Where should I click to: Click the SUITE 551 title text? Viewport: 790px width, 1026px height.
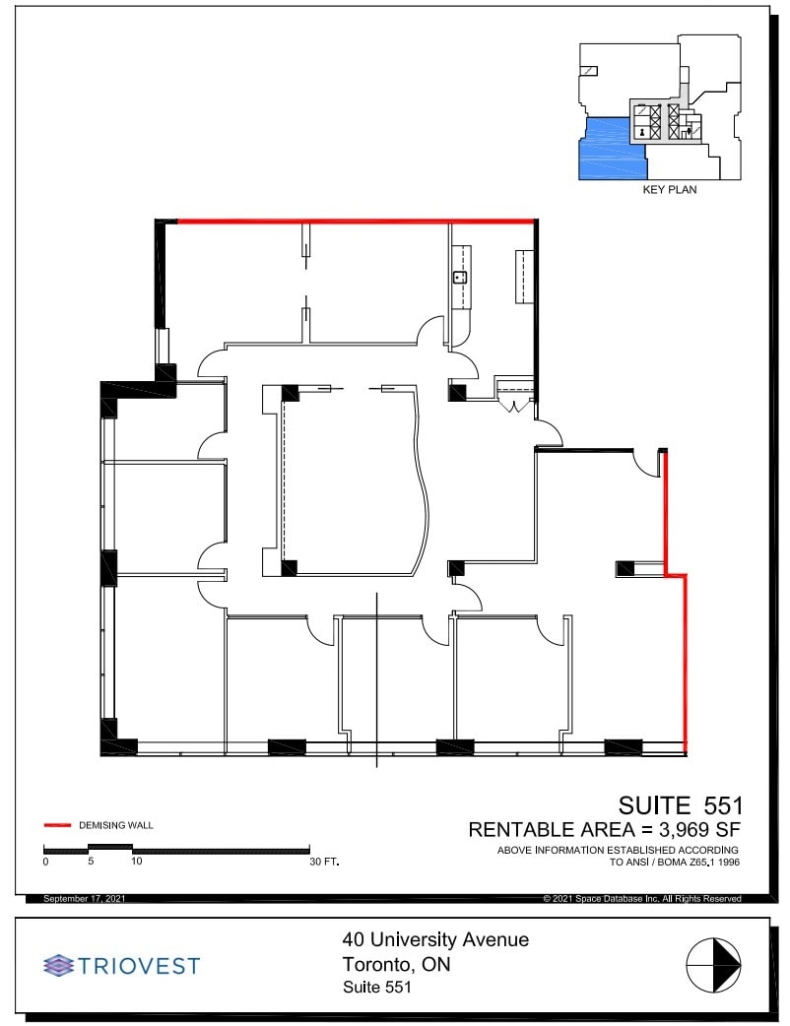(x=680, y=806)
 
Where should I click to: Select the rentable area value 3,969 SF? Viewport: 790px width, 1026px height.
(x=690, y=830)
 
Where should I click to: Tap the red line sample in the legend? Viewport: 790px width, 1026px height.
(x=58, y=824)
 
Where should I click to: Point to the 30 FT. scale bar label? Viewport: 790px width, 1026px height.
(x=323, y=862)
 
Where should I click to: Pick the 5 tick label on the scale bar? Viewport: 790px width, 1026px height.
(x=91, y=862)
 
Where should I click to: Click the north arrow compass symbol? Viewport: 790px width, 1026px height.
(x=713, y=965)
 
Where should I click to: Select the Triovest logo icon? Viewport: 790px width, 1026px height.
(x=59, y=965)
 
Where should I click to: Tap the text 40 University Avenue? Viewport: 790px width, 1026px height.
(x=434, y=939)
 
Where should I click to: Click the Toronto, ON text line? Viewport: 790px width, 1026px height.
(x=396, y=964)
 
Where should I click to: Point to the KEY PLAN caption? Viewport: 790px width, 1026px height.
(x=669, y=190)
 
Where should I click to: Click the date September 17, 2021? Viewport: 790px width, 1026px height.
(x=85, y=899)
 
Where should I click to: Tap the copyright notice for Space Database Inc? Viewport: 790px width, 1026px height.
(x=641, y=899)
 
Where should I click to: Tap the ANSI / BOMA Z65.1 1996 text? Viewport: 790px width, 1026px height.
(x=674, y=863)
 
